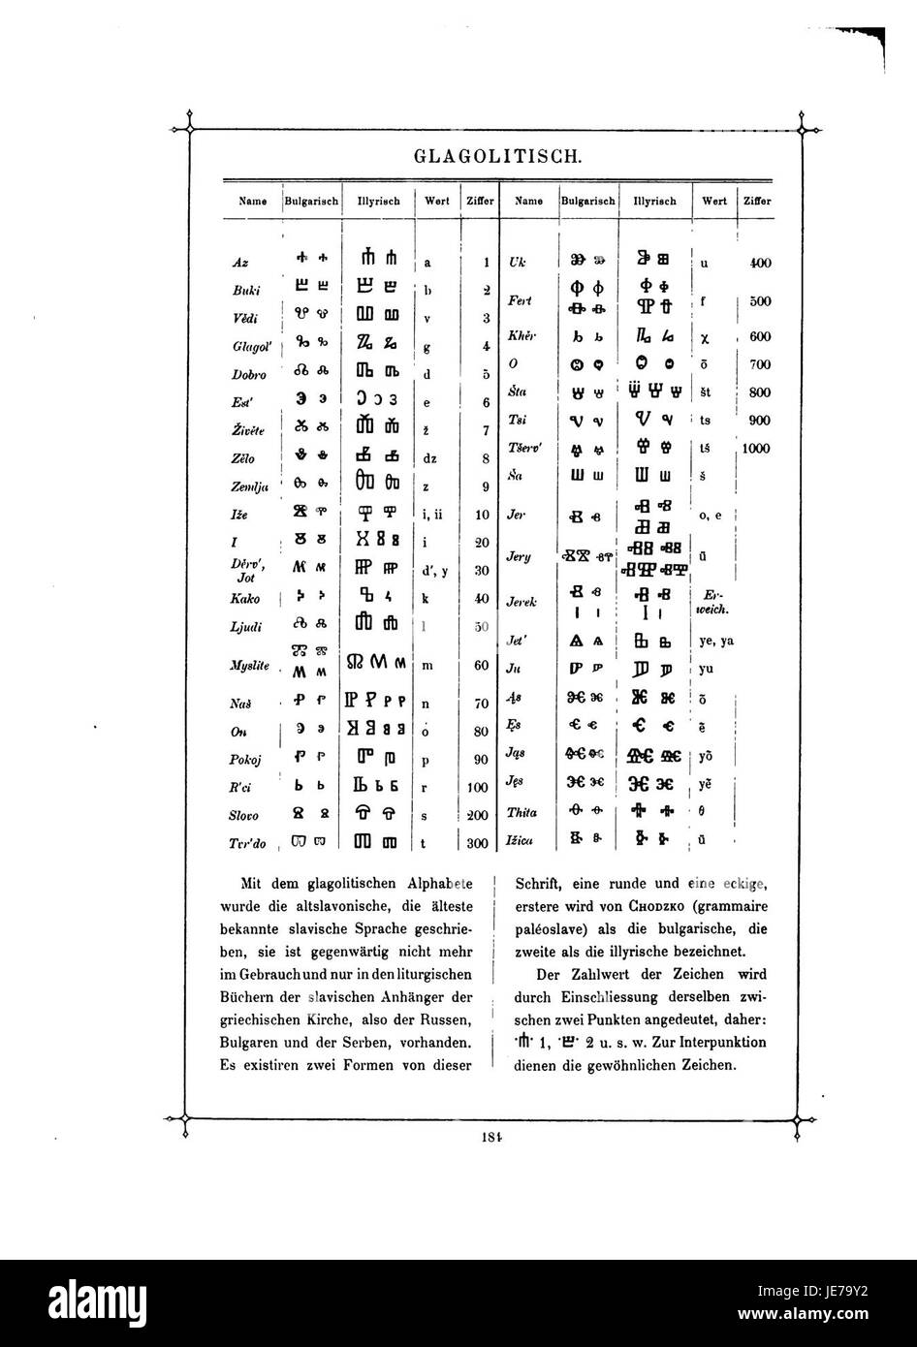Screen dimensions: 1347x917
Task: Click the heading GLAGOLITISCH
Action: (x=497, y=155)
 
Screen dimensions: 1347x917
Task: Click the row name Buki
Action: (x=244, y=291)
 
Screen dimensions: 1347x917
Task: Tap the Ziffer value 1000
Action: (x=756, y=449)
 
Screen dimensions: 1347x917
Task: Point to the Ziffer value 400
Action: (x=759, y=263)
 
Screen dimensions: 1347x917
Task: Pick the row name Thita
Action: (x=522, y=813)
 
